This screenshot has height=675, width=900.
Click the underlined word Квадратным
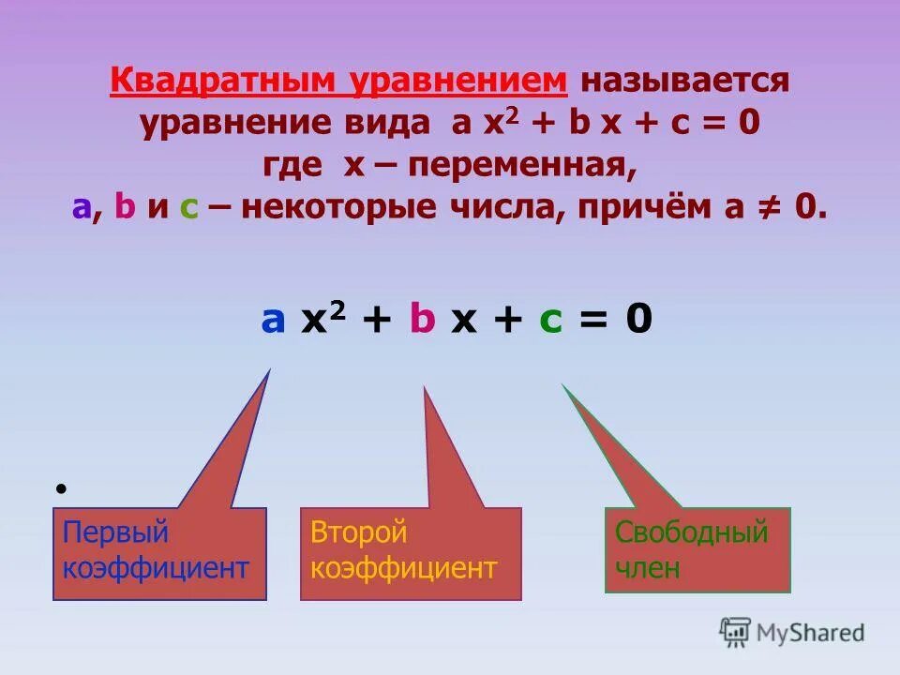[226, 82]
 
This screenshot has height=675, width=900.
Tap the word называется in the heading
[684, 82]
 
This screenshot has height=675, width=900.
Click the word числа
[502, 208]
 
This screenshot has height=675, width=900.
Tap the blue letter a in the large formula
[273, 322]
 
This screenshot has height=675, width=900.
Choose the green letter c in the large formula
[550, 322]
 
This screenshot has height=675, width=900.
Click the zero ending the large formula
[638, 322]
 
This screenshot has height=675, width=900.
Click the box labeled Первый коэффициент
[159, 553]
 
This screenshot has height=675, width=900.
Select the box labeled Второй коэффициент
[410, 553]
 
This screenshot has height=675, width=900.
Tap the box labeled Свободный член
[697, 550]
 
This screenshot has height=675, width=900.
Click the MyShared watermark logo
[792, 633]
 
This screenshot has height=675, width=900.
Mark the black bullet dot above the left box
[61, 488]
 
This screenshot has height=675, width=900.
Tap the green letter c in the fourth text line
[188, 208]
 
